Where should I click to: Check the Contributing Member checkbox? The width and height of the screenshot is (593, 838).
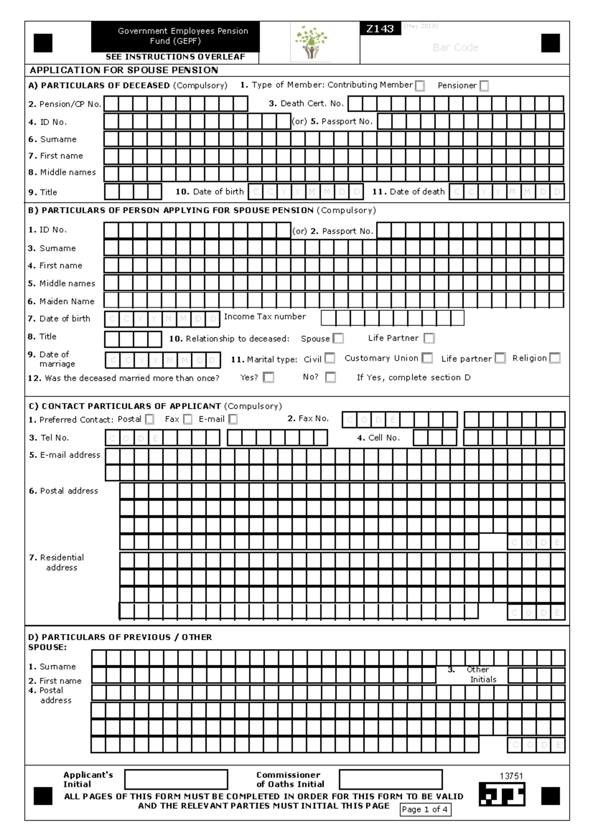420,86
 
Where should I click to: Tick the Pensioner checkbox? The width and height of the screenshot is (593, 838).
484,86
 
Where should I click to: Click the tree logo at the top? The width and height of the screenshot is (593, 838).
311,43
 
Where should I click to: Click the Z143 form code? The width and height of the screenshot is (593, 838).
380,29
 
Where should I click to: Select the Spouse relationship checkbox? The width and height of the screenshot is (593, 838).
338,338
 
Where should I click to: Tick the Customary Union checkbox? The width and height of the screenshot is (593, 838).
427,358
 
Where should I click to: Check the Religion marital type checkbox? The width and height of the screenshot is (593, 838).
555,358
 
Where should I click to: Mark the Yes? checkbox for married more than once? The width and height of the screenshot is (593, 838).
268,377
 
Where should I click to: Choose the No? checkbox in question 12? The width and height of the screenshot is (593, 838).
331,377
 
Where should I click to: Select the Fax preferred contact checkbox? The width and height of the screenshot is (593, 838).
188,419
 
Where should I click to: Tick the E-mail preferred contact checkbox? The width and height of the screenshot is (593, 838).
233,419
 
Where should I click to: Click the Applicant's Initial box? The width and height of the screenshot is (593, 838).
176,779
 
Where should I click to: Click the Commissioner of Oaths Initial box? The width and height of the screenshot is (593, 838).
390,779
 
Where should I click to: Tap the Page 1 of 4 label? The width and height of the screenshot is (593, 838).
425,809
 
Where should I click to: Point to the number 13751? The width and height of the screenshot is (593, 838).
511,776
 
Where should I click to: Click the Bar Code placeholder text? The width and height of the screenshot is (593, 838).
455,47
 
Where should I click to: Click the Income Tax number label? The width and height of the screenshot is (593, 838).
265,317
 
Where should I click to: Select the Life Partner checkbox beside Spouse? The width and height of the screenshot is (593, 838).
429,338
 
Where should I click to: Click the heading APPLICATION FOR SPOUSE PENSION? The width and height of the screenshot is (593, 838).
124,70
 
